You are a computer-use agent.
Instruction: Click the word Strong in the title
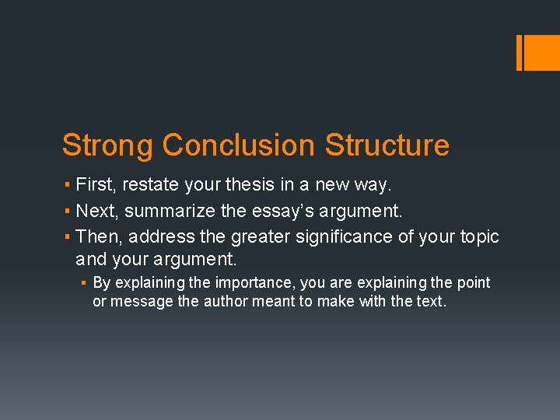(x=108, y=145)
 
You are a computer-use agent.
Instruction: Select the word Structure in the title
(x=387, y=145)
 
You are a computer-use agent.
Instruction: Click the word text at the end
(x=431, y=301)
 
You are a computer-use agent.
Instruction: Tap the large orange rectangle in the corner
(x=541, y=52)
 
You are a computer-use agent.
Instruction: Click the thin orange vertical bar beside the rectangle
(x=519, y=52)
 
